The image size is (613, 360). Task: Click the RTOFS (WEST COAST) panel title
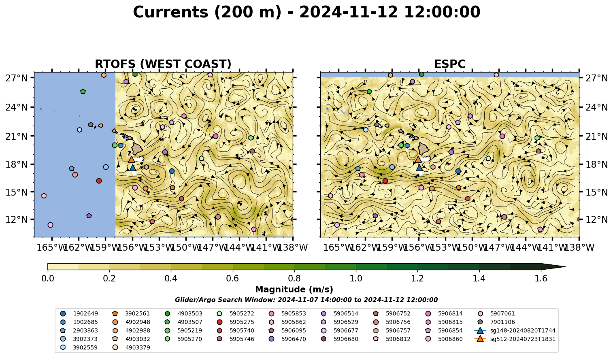point(163,64)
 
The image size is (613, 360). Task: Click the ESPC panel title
point(449,64)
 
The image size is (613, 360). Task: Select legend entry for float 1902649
point(79,314)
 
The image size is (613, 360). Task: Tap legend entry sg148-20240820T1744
point(515,331)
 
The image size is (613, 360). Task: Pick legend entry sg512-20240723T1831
point(515,339)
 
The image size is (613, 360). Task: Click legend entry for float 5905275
point(235,322)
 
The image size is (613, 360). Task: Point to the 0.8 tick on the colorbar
point(294,271)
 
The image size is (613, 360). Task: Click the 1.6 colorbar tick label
point(541,279)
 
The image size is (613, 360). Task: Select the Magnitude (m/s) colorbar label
point(294,290)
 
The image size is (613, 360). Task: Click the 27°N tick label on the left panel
point(17,78)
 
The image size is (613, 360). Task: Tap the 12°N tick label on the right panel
point(596,219)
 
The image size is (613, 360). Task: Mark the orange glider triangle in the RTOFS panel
point(131,159)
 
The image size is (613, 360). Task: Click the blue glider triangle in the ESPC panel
point(419,168)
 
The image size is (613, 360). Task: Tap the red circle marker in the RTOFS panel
point(99,181)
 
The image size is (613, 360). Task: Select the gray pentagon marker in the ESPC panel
point(377,125)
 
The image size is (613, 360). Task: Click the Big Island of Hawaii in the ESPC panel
point(424,149)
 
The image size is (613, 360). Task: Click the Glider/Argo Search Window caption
point(306,300)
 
